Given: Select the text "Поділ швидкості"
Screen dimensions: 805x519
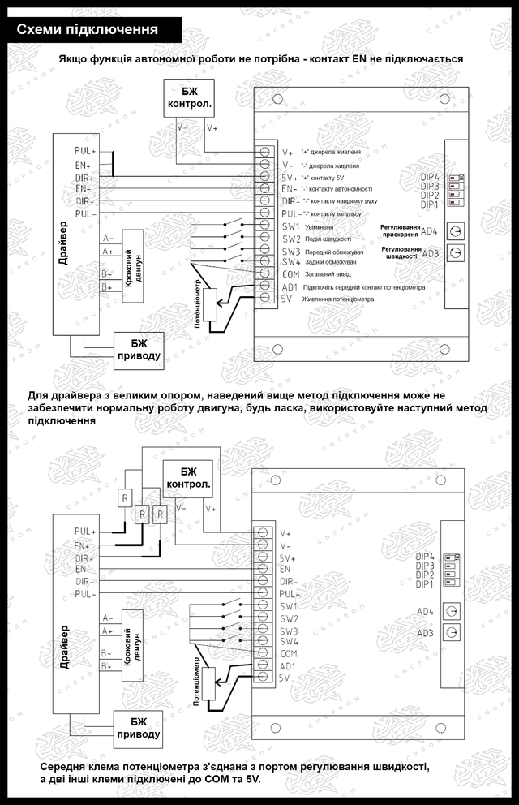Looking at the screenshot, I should pyautogui.click(x=327, y=239).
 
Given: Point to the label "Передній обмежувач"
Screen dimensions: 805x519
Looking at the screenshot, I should pyautogui.click(x=332, y=251).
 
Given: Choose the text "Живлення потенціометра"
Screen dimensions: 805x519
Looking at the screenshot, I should pyautogui.click(x=338, y=299).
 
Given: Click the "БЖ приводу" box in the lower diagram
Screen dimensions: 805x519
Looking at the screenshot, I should pyautogui.click(x=139, y=727).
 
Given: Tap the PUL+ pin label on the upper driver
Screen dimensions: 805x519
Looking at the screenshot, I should pyautogui.click(x=84, y=151).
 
